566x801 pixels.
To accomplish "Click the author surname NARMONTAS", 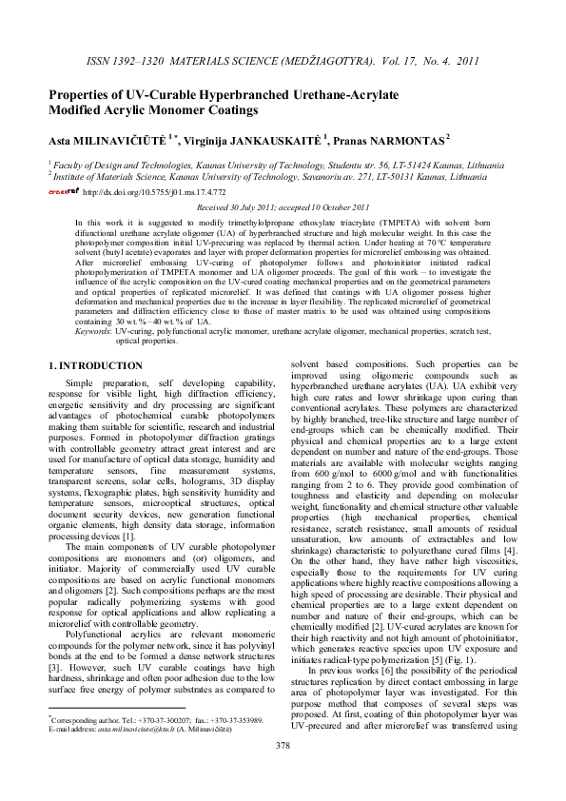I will [402, 141].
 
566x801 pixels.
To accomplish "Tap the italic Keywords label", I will [95, 330].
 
